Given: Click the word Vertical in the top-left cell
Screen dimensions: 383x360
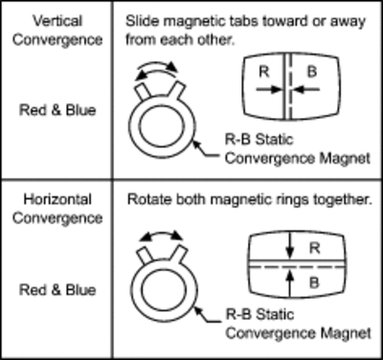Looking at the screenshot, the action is tap(57, 21).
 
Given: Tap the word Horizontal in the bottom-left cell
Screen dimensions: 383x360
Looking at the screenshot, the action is tap(57, 199).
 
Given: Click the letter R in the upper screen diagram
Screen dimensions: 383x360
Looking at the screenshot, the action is tap(264, 72).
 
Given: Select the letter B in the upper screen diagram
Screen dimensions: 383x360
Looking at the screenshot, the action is tap(312, 72).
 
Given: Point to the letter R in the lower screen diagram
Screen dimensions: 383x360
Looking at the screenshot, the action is tap(315, 248).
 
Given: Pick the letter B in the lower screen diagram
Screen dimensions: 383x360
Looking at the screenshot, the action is tap(314, 282).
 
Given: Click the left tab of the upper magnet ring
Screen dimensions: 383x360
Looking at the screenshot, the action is tap(143, 92).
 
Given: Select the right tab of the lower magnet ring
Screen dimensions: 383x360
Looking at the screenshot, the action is tap(179, 255).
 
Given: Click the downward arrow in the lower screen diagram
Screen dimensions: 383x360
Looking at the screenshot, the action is tap(289, 246).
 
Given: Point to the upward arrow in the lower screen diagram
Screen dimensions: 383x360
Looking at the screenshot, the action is tap(289, 285).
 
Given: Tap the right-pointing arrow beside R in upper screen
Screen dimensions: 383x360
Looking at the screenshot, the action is tap(268, 90).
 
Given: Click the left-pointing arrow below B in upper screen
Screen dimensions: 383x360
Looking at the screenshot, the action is tap(306, 90).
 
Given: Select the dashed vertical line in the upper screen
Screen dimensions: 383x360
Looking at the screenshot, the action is tap(290, 86).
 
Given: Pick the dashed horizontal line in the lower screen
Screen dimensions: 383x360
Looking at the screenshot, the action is tap(297, 266).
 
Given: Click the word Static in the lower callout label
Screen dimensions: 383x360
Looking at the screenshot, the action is tap(275, 314).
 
